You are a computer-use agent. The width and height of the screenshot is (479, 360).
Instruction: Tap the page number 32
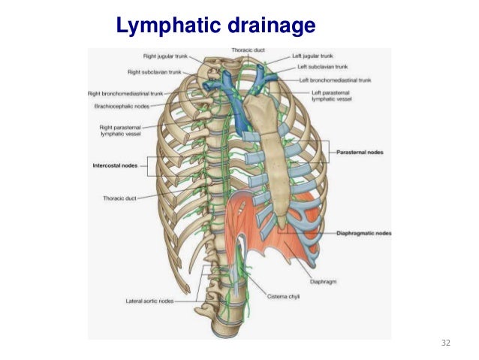tap(446, 343)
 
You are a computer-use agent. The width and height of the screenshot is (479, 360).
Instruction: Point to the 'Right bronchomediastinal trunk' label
tap(125, 94)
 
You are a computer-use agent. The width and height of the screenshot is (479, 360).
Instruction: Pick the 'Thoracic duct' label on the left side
tap(119, 198)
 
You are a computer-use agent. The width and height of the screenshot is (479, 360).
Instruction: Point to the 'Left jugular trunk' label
tap(314, 56)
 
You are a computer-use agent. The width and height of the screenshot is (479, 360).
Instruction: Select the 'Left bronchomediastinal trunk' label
tap(336, 79)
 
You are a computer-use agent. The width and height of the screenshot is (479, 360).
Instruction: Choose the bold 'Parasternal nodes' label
tap(360, 152)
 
